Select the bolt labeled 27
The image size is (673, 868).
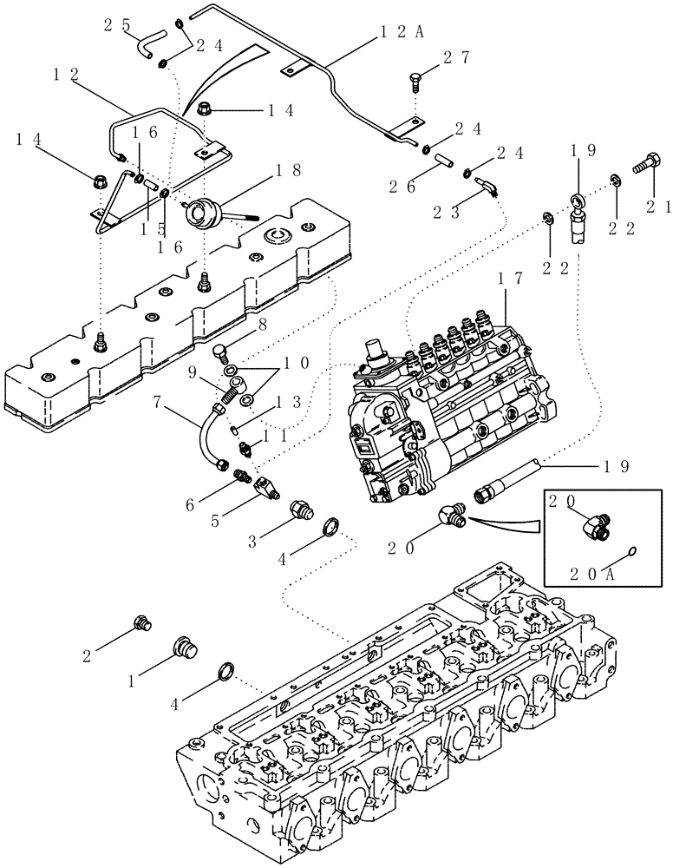[416, 84]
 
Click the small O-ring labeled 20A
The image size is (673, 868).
[631, 550]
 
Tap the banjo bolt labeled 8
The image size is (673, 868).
[221, 352]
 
